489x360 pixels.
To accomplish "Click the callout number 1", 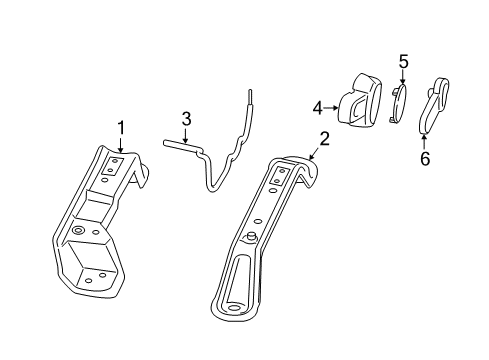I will pos(121,127).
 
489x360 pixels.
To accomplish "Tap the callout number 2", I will pos(324,138).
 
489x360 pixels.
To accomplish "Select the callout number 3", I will pos(185,119).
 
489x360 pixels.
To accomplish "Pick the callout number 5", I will pos(403,63).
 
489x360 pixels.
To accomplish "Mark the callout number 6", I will pos(424,157).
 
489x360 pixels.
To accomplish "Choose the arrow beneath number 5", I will pos(403,80).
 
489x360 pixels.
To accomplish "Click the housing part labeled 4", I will pos(361,101).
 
